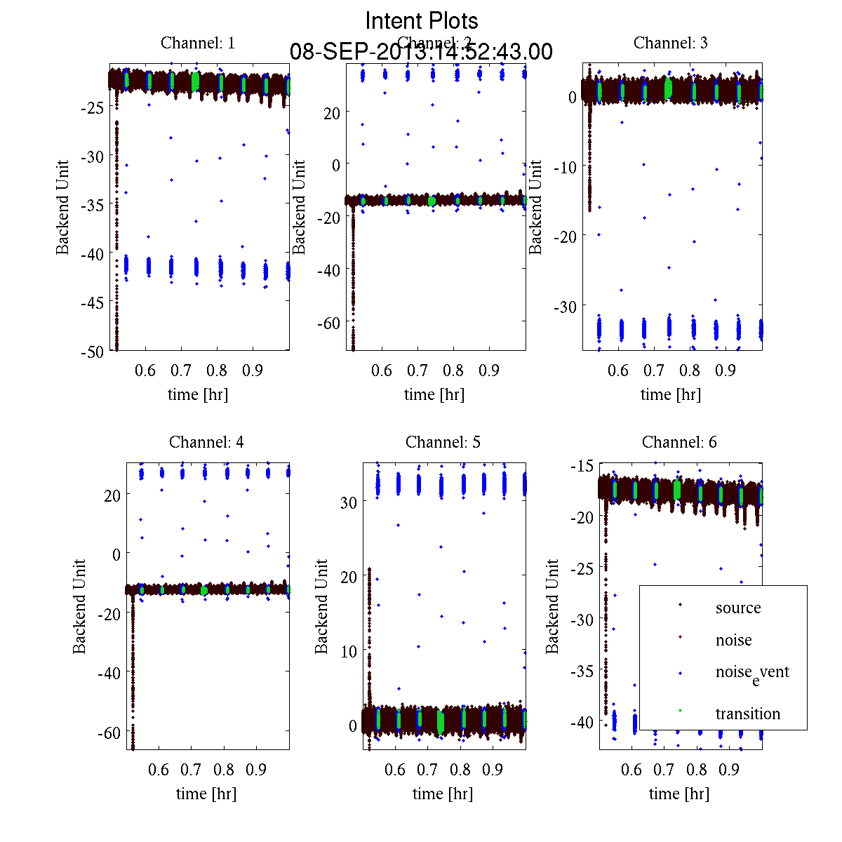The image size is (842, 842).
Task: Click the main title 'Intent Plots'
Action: coord(422,20)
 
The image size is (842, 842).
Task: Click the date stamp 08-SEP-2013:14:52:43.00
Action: coord(421,52)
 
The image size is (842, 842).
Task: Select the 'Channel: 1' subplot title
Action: coord(198,43)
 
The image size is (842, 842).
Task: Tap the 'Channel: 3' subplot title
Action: coord(671,43)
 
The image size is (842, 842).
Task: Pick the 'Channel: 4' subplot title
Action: coord(206,442)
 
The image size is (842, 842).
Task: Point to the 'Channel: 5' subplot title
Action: coord(443,442)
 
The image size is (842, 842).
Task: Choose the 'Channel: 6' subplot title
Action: coord(679,442)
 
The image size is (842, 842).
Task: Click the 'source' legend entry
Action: coord(737,608)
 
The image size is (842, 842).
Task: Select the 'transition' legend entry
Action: coord(747,714)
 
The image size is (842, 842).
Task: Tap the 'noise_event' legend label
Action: coord(751,672)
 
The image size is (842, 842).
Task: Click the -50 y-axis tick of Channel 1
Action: coord(93,352)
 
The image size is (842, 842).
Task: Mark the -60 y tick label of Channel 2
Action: coord(329,323)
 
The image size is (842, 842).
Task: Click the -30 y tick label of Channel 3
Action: coord(566,307)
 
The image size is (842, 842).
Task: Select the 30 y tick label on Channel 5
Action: coord(349,502)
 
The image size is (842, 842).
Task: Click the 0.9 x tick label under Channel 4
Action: coord(256,770)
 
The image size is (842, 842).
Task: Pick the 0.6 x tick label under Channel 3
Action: coord(618,370)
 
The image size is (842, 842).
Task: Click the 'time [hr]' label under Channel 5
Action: coord(443,794)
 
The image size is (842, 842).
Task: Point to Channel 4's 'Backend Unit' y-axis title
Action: coord(79,606)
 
